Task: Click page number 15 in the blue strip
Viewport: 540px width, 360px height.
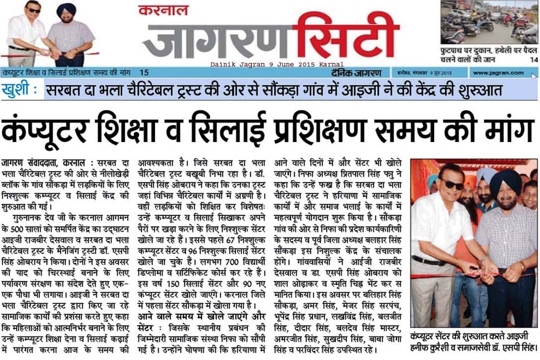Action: pyautogui.click(x=144, y=72)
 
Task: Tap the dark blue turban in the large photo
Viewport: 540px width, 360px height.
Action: pyautogui.click(x=505, y=180)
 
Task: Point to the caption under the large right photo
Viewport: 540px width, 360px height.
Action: pyautogui.click(x=474, y=338)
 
